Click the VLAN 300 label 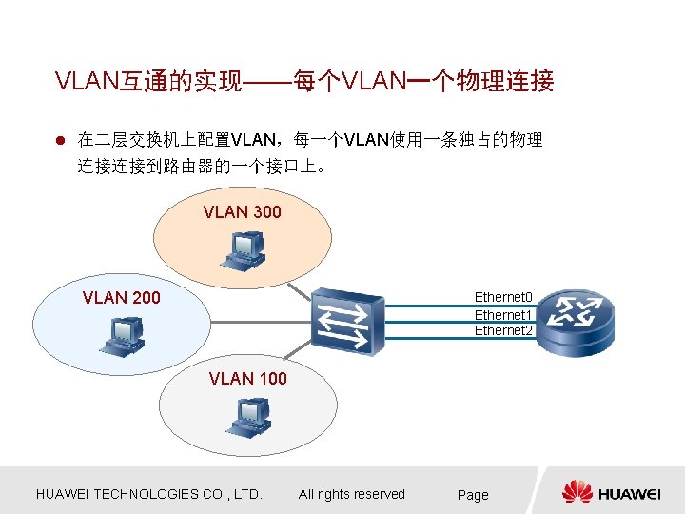point(242,212)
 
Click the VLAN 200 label point(121,298)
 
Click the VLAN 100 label point(247,379)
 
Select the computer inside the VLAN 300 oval point(243,248)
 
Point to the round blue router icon point(575,321)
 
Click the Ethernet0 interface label point(503,297)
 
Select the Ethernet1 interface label point(503,314)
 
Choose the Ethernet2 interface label point(503,330)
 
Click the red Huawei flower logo point(577,492)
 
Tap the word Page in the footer point(473,495)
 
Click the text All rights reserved point(351,494)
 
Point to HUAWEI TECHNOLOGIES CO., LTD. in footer point(148,494)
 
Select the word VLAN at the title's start point(86,82)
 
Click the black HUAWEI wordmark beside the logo point(630,493)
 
